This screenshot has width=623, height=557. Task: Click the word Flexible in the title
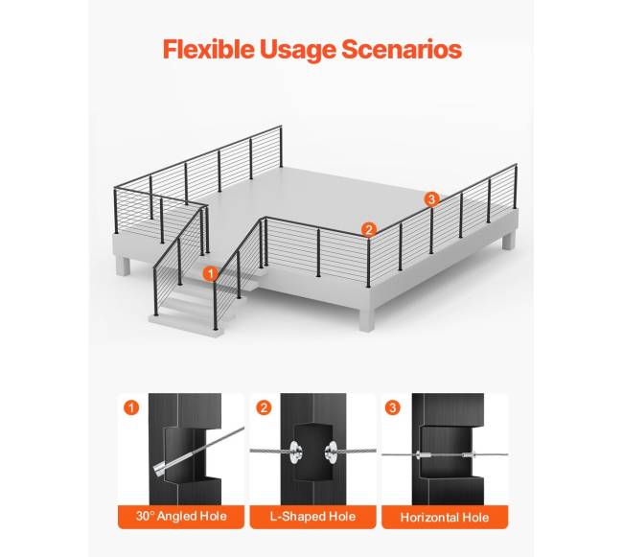click(208, 49)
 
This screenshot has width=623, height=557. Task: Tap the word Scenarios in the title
click(402, 49)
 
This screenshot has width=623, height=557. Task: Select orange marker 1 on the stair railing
click(210, 273)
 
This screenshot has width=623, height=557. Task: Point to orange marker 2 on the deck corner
click(369, 230)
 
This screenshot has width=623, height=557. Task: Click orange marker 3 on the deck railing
click(432, 198)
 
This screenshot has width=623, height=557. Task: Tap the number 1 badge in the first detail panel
click(131, 407)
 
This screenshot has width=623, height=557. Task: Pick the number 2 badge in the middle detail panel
click(264, 407)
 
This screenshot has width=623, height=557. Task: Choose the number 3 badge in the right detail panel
click(393, 407)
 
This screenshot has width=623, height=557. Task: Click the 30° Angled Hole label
click(181, 516)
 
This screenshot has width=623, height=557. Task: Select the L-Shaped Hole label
click(313, 516)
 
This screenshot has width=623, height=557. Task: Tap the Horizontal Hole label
click(445, 517)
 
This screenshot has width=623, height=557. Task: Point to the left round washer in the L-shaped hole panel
click(295, 452)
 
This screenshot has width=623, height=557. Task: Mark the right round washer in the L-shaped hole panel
click(331, 452)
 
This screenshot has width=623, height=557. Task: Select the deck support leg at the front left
click(123, 265)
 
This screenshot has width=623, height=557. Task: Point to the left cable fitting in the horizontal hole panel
click(422, 454)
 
